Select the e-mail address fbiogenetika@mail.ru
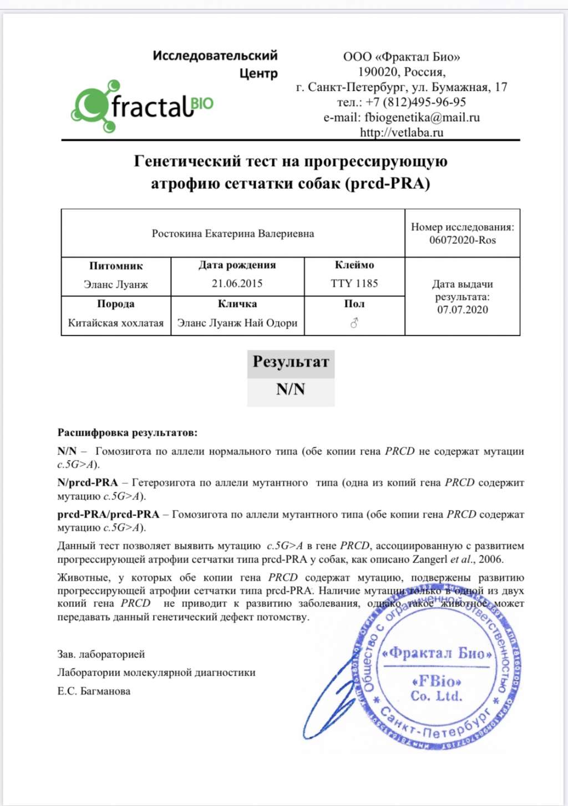422,117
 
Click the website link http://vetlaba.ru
402,132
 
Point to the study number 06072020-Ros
462,240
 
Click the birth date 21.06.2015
237,283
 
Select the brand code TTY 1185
354,283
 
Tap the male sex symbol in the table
354,323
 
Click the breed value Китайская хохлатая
115,323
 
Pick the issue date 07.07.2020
462,309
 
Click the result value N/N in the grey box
291,389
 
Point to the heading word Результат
291,362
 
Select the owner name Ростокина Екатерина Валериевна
233,233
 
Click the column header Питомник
115,266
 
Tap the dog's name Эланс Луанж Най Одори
237,323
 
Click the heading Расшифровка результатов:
127,432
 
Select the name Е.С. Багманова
94,691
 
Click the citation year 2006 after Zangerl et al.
490,559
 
